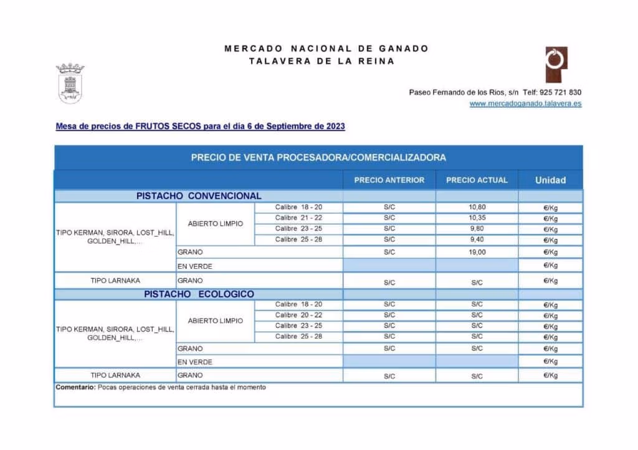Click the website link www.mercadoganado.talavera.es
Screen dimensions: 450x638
point(525,103)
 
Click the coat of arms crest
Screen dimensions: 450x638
point(70,83)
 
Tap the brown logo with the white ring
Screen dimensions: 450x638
point(556,63)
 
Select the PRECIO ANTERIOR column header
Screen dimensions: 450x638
point(389,180)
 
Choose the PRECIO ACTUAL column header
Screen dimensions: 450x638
point(477,180)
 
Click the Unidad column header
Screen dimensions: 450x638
point(550,180)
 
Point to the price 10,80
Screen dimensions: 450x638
point(477,207)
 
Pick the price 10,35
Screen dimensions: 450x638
point(477,218)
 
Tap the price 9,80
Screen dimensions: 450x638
point(477,228)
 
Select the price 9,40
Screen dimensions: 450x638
point(477,240)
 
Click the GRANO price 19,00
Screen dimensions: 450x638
point(477,252)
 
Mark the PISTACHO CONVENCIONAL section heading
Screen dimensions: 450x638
point(199,195)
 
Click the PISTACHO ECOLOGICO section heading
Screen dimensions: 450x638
point(199,294)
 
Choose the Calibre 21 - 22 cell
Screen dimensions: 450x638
point(298,218)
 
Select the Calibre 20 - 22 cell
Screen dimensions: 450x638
point(298,315)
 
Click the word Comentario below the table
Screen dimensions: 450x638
point(75,387)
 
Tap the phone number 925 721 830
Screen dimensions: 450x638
point(561,92)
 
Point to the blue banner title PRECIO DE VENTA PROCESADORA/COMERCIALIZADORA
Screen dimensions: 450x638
point(318,157)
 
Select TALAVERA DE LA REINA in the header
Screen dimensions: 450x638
point(321,61)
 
